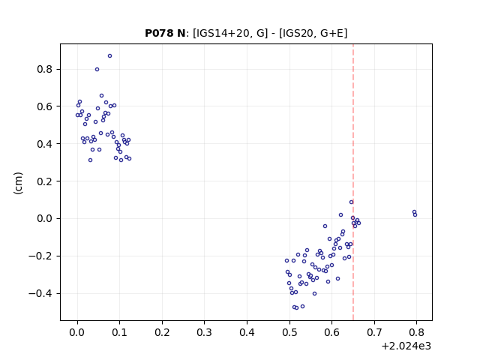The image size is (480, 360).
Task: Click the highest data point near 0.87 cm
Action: (109, 56)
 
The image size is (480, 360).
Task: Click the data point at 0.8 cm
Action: (97, 70)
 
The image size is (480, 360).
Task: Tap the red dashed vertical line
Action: (353, 182)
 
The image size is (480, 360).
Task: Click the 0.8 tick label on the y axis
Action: (45, 69)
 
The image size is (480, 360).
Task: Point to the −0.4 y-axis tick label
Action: (40, 293)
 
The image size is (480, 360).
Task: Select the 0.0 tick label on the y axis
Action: (45, 218)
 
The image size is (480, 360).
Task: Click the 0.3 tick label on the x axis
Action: (205, 332)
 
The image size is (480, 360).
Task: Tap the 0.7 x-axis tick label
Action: (374, 332)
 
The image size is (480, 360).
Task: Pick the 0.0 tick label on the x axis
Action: (77, 332)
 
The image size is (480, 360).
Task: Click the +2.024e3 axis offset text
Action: (406, 346)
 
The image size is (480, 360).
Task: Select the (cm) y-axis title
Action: (18, 183)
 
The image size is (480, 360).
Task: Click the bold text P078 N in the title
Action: (165, 33)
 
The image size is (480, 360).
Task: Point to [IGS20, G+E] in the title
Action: (313, 33)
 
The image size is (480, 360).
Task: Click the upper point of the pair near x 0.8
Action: (414, 211)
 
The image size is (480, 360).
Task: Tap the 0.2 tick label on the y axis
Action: (45, 181)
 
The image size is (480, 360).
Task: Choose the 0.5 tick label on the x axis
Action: (289, 332)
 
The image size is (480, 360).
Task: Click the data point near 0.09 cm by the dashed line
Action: (351, 202)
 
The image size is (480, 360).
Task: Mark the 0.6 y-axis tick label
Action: (45, 106)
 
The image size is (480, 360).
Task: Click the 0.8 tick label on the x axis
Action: (416, 332)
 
